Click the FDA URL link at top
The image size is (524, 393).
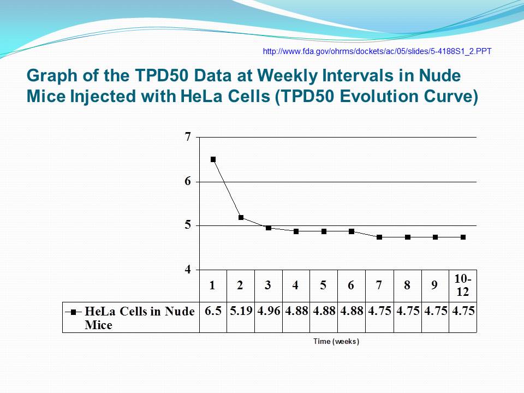point(377,51)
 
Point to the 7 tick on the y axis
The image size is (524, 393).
point(188,136)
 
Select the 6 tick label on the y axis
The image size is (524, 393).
point(188,181)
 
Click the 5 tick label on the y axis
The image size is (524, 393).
point(188,225)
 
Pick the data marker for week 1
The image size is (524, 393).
point(213,159)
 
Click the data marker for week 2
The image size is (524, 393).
point(241,218)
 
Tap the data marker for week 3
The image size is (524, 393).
point(269,228)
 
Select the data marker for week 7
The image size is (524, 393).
point(379,237)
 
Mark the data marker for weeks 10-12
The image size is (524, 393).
point(463,237)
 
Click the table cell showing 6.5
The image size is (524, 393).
point(213,318)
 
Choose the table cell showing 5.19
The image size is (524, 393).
point(241,318)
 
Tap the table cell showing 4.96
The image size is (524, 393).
point(269,318)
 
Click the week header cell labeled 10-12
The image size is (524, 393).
point(463,286)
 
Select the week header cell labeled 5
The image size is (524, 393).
point(324,286)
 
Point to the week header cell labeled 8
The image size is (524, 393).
point(408,286)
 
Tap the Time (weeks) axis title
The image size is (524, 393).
point(336,341)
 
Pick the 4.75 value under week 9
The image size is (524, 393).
point(436,311)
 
